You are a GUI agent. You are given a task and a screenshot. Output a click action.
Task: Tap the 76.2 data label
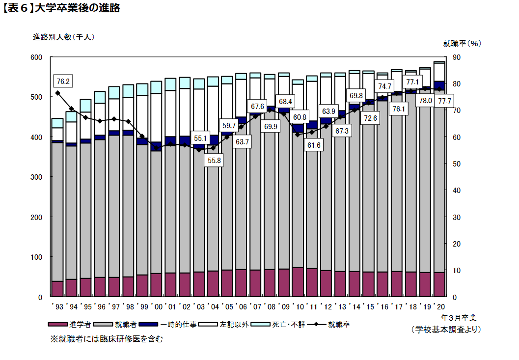[62, 81]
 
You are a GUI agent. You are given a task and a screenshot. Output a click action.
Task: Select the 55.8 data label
[214, 161]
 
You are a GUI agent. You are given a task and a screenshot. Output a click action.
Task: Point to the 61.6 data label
[313, 145]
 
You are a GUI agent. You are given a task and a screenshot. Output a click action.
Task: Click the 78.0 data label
[425, 101]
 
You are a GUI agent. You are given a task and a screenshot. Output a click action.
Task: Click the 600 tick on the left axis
[36, 57]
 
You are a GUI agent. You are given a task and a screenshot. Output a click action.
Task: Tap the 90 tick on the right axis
[456, 57]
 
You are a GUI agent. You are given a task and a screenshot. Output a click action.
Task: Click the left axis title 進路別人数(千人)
[63, 37]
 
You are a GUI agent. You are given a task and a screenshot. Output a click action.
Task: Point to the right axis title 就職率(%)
[462, 43]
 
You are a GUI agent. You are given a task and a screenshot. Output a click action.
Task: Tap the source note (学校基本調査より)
[446, 330]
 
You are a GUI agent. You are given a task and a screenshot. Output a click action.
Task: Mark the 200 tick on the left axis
[36, 217]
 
